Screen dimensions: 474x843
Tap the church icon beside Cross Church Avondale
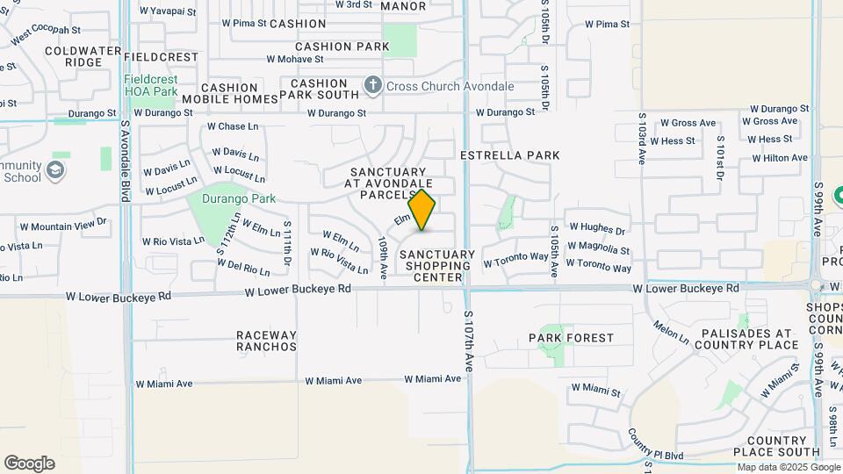[372, 86]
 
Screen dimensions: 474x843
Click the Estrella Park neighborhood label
[510, 155]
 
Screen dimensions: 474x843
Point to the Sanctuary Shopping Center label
[437, 266]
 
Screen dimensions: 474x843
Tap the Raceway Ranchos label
[266, 341]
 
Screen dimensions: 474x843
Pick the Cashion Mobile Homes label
[230, 93]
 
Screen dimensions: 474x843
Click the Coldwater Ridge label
[83, 56]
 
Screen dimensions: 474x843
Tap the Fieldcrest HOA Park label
[150, 85]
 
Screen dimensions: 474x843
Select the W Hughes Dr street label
[595, 232]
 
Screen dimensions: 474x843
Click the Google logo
[29, 463]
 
